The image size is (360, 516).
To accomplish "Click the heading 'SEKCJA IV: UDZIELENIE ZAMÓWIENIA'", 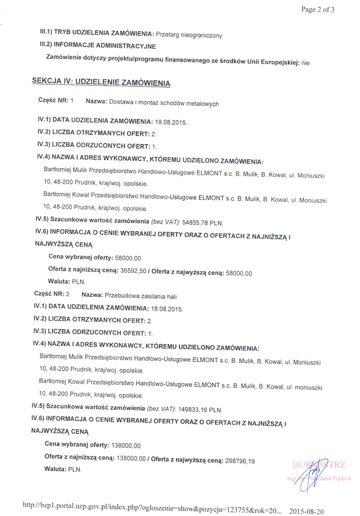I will coord(101,82).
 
